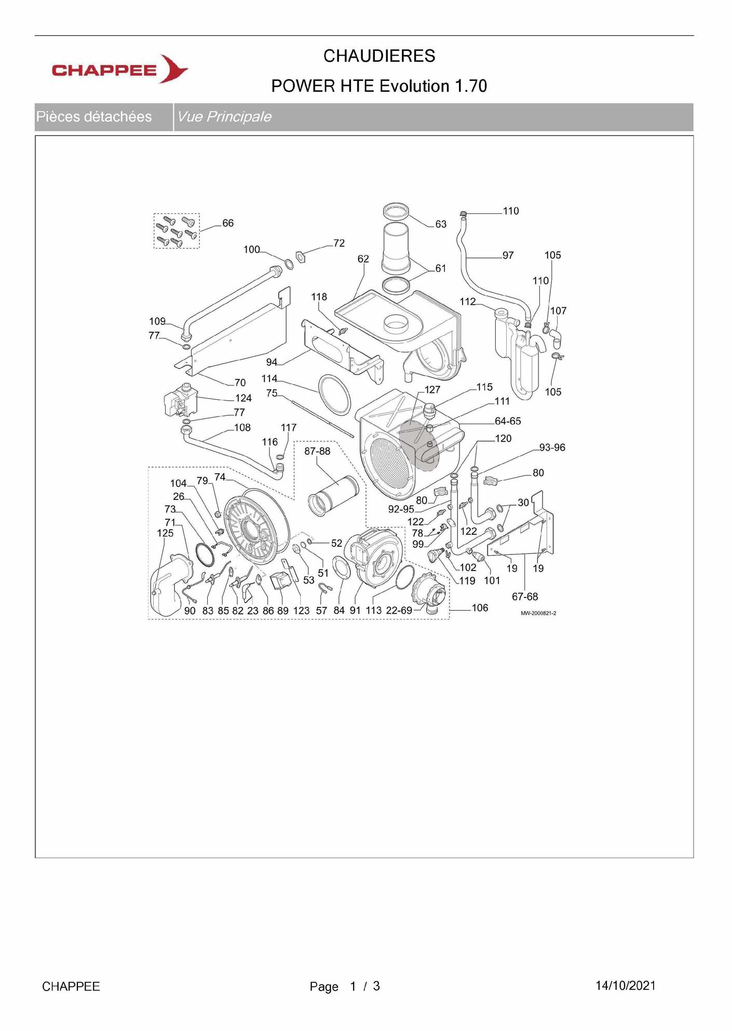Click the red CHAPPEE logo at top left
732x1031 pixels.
(x=119, y=69)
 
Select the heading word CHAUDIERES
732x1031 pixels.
(x=379, y=56)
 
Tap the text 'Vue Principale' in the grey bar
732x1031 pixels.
(x=224, y=117)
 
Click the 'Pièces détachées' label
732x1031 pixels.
(x=94, y=117)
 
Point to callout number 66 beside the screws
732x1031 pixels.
(x=228, y=223)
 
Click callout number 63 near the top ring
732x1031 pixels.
(x=441, y=224)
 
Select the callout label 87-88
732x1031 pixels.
(x=317, y=452)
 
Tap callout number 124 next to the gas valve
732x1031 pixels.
(x=243, y=398)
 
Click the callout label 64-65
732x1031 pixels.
(x=508, y=421)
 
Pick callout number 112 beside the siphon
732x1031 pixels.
(x=468, y=302)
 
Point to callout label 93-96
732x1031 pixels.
(x=552, y=447)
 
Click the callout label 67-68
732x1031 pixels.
(x=525, y=597)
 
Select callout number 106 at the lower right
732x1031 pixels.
(x=480, y=608)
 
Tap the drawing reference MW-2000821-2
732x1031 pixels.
(x=538, y=613)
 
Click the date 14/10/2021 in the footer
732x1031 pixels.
(x=626, y=985)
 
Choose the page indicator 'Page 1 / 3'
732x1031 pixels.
(x=345, y=986)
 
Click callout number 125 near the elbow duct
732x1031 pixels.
(x=165, y=533)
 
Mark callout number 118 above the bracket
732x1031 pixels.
(x=319, y=297)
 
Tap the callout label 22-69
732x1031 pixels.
(x=399, y=611)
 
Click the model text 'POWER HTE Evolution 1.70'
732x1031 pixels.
(x=379, y=86)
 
